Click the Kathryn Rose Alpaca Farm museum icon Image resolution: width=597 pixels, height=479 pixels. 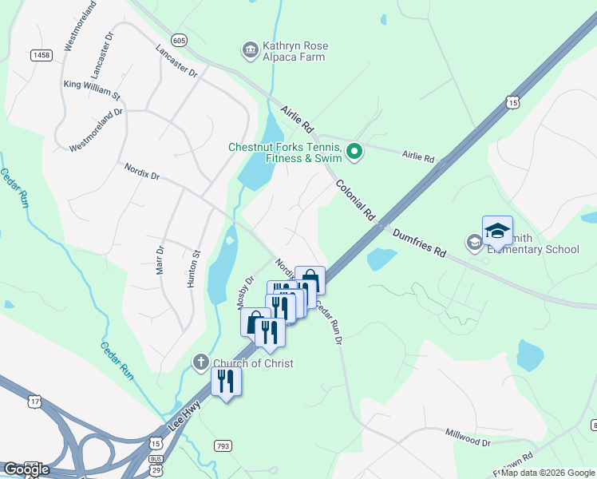(x=251, y=50)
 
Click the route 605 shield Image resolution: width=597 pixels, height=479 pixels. (x=178, y=40)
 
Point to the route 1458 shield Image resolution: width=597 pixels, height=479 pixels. (x=42, y=54)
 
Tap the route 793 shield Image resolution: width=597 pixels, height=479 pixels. (x=223, y=444)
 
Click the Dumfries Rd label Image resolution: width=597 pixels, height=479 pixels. (x=419, y=243)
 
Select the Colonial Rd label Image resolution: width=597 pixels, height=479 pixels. (x=355, y=200)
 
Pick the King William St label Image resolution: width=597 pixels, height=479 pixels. (x=92, y=89)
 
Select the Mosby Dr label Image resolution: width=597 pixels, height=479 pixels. (x=244, y=292)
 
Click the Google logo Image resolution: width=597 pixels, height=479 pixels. (x=26, y=469)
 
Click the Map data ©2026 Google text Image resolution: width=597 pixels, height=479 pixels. (x=548, y=473)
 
